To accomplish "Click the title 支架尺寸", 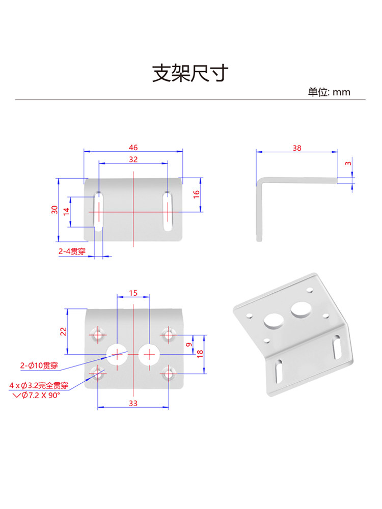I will click(x=191, y=74).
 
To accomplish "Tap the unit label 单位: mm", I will click(x=329, y=92).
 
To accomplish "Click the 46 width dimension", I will click(x=133, y=148).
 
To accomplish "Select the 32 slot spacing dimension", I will click(x=133, y=159).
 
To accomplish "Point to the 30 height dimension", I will click(x=54, y=210).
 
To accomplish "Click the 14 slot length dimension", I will click(x=66, y=212).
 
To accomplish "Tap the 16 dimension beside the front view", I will click(x=197, y=194).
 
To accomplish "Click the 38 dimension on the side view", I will click(x=297, y=148).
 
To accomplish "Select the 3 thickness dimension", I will click(x=348, y=163).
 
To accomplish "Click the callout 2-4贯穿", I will click(x=71, y=251).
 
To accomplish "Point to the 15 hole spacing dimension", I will click(x=133, y=293).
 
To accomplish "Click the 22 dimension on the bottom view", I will click(x=63, y=331).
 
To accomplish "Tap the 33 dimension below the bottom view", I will click(x=133, y=403).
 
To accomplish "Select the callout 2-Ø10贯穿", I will click(x=39, y=365).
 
